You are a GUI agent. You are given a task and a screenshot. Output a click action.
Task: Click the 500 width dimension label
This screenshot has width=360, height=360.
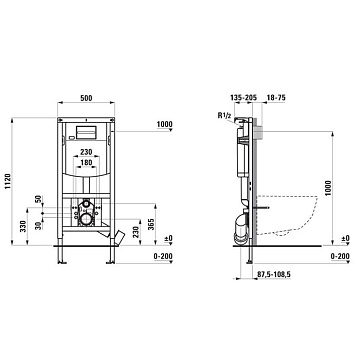point(86,98)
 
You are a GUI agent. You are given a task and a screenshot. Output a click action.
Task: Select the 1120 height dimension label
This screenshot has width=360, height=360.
point(7,182)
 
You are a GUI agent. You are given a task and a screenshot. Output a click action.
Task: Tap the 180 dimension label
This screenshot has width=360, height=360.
point(86,162)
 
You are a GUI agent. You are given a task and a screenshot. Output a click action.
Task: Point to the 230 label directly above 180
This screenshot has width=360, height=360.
point(86,152)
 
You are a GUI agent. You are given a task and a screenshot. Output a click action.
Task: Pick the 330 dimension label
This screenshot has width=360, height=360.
point(23,226)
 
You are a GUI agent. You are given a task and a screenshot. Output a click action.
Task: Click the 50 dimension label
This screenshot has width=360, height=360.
point(39,199)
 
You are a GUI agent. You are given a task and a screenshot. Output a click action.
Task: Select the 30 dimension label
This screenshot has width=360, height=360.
point(39,225)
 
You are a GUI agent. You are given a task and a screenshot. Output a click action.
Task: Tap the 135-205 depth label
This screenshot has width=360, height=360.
point(243,98)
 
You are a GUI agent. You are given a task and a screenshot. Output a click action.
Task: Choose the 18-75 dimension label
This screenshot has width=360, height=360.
point(276,98)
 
